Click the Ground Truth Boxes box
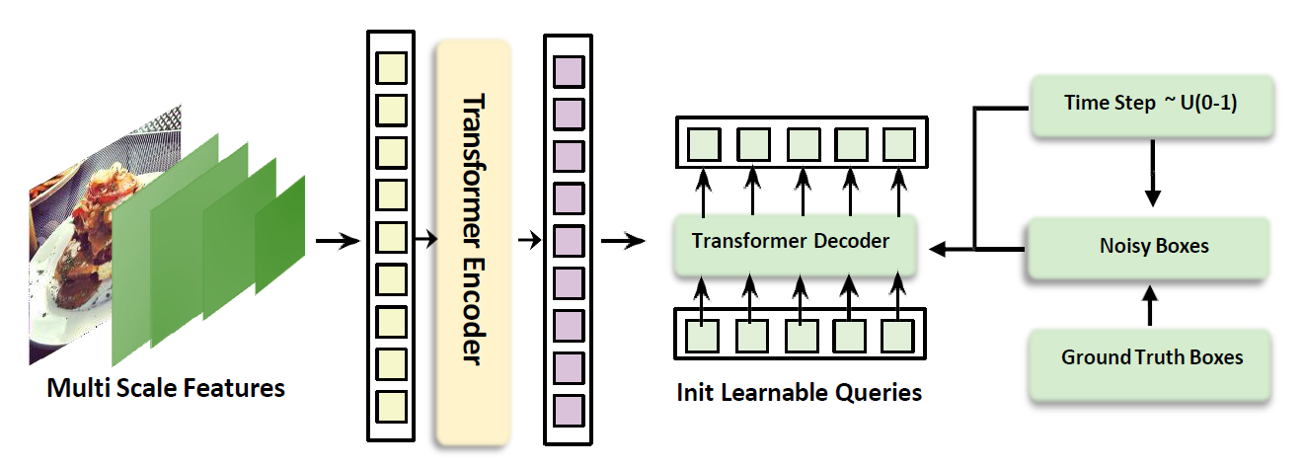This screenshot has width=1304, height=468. tap(1151, 357)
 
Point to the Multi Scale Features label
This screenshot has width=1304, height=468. tap(166, 388)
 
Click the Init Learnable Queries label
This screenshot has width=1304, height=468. tap(799, 392)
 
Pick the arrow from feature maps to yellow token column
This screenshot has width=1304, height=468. tap(336, 240)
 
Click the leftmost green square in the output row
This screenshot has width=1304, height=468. tap(703, 143)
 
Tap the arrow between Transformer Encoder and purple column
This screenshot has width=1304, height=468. tap(528, 240)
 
